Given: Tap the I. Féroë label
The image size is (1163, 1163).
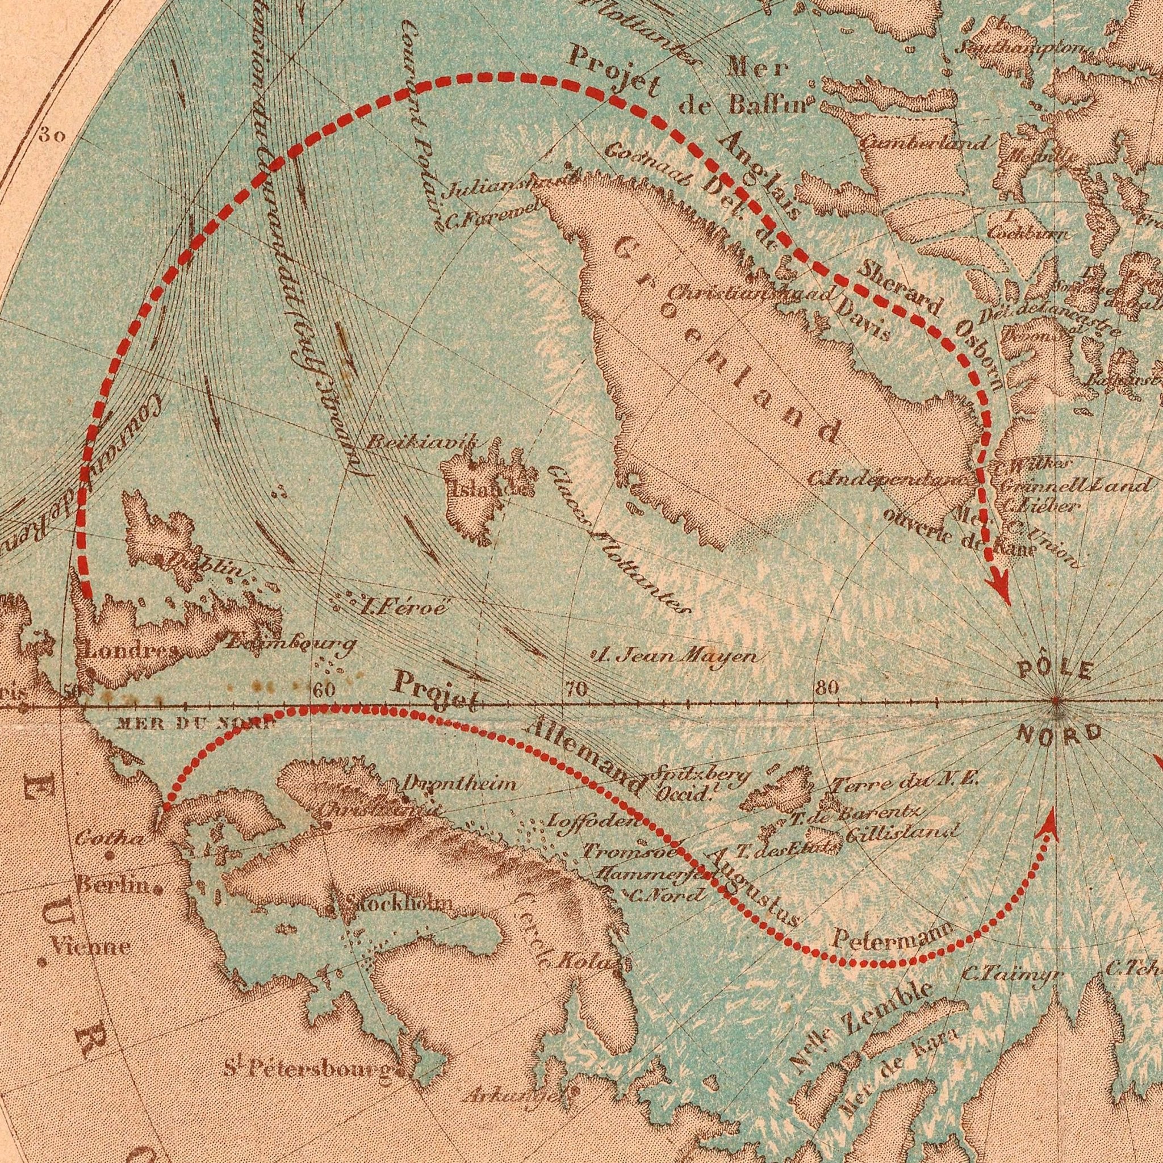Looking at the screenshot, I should tap(402, 605).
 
